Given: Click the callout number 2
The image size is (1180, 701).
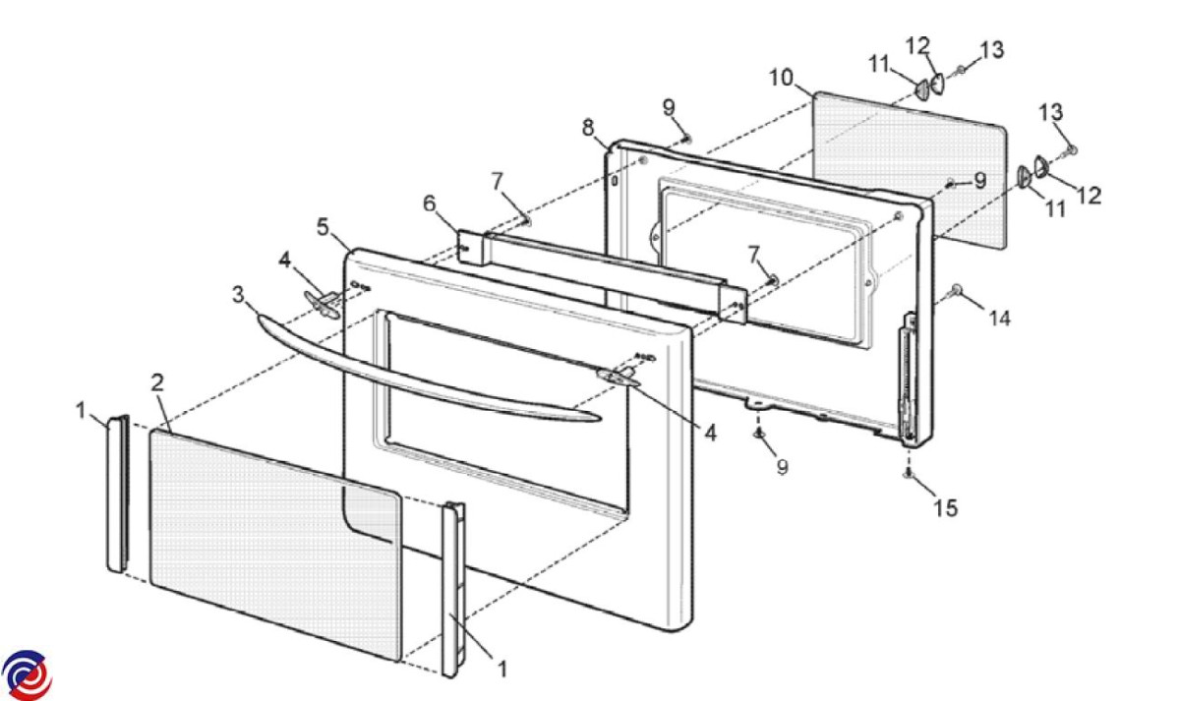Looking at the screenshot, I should click(x=156, y=382).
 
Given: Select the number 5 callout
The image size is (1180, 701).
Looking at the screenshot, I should click(x=323, y=227).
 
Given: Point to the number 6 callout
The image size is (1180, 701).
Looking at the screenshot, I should click(x=429, y=204).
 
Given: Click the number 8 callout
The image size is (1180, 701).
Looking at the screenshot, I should click(x=588, y=127).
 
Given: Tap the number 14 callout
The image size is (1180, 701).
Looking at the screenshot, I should click(x=999, y=318).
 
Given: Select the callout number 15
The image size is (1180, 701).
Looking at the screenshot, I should click(x=945, y=508).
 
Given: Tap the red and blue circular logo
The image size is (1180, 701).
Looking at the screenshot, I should click(x=27, y=675).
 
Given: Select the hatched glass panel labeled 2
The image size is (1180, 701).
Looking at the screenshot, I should click(x=275, y=541).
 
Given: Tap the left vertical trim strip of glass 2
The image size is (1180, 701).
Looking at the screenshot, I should click(x=116, y=492).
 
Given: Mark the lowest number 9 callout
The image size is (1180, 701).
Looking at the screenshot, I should click(x=782, y=467).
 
